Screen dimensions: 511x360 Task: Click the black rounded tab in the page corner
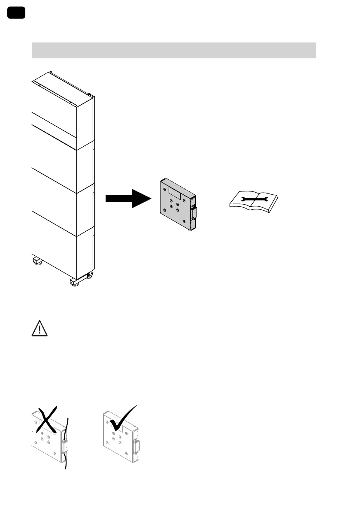(16, 13)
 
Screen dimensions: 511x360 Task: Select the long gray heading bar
(174, 50)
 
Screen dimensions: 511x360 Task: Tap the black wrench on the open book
(253, 199)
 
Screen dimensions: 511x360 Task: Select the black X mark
(48, 419)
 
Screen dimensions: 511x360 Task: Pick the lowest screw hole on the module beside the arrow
(184, 221)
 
